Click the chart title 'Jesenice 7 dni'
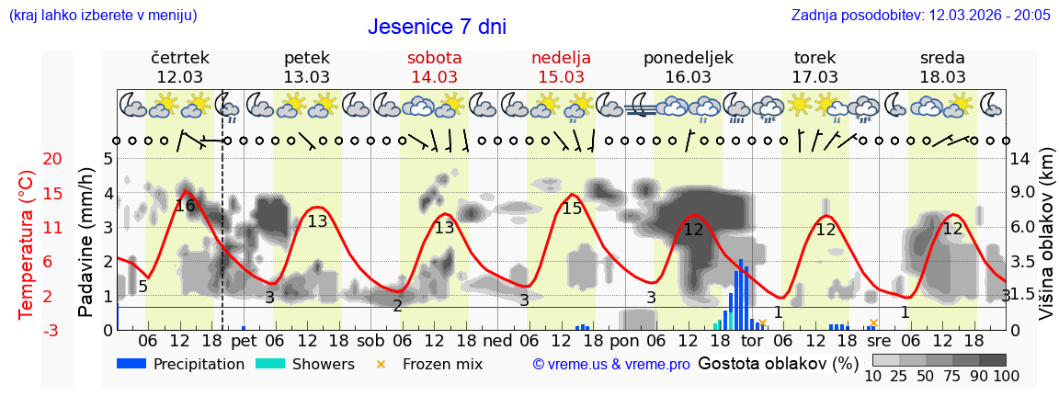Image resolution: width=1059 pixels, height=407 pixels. pyautogui.click(x=437, y=27)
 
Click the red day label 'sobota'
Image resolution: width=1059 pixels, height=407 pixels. pyautogui.click(x=434, y=58)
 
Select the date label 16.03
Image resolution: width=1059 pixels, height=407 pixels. pyautogui.click(x=689, y=77)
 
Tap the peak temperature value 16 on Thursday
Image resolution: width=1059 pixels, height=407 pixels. pyautogui.click(x=185, y=206)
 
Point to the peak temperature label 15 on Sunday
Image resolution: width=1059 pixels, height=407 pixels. pyautogui.click(x=572, y=209)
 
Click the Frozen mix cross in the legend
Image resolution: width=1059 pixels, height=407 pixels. pyautogui.click(x=381, y=364)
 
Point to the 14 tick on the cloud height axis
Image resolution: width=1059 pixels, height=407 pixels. pyautogui.click(x=1021, y=159)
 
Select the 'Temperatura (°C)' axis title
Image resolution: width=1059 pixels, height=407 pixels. pyautogui.click(x=27, y=244)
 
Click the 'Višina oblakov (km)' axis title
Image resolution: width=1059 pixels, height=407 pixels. pyautogui.click(x=1046, y=244)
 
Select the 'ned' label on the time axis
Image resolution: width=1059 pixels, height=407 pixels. pyautogui.click(x=497, y=341)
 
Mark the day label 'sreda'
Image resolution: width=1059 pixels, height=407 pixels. pyautogui.click(x=942, y=58)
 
